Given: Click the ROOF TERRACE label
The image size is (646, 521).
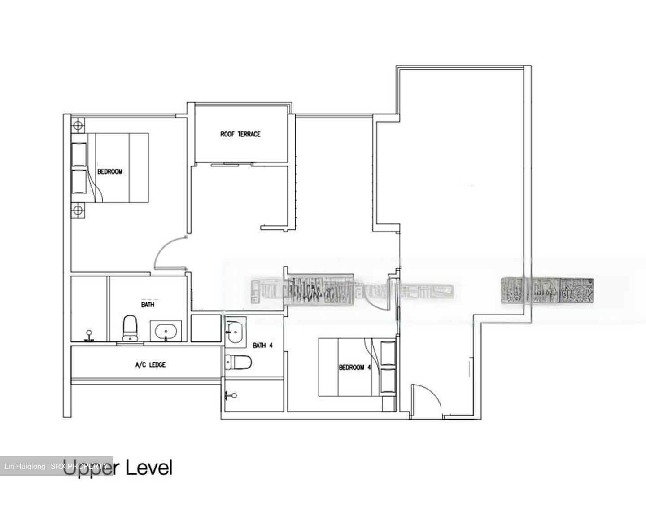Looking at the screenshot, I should pos(240,134).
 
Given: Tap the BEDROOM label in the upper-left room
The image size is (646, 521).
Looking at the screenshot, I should pos(110,171).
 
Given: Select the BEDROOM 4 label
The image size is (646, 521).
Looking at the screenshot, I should pos(354,367).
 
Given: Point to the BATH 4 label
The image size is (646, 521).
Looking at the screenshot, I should pos(262,346).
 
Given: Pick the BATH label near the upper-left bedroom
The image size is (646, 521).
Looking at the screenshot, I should pos(148,304).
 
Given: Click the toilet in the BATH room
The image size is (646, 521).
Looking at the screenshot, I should pos(130,328).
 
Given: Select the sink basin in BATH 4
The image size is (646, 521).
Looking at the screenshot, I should pos(235,333).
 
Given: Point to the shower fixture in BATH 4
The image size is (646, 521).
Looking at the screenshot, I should pos(231,396).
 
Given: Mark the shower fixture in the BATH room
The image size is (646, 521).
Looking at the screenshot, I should pos(90,336).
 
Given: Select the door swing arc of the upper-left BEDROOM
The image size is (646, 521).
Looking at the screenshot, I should pos(166,251).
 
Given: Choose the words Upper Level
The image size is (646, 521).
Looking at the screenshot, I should pos(118,468).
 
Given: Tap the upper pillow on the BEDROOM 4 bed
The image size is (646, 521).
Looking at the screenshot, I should pos(388,354).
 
